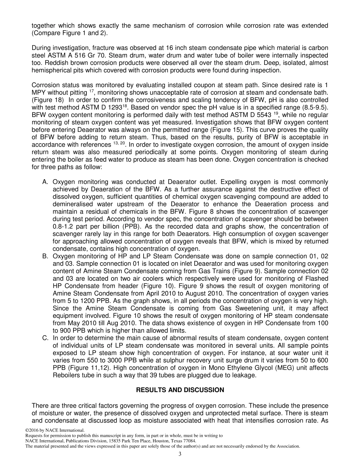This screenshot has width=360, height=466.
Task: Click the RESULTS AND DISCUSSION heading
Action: coord(180,390)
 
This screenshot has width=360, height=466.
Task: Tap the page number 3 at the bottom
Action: coord(180,454)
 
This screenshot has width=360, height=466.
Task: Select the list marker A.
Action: coord(45,182)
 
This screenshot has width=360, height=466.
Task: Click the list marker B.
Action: coord(45,256)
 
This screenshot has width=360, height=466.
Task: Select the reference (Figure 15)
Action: coord(227,122)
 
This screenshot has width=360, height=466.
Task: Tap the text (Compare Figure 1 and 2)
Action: coord(70,33)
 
